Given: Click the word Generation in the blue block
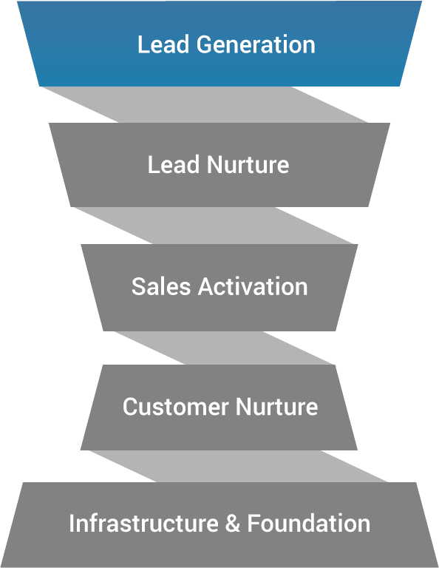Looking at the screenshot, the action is point(256,44).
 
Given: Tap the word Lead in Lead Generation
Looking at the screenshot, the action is point(163,44).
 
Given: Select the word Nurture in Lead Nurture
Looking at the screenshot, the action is point(248,165).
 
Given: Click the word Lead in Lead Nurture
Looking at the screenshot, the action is point(174,165).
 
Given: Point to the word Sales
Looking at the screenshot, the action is point(160,286).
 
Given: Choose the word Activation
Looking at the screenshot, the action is point(253,286).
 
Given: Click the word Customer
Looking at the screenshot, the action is point(176,407).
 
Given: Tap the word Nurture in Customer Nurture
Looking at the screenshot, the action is point(277,407).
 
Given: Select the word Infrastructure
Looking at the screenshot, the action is point(143,524).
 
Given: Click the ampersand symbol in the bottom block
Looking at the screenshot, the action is point(232,524).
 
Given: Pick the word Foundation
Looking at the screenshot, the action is point(309,524).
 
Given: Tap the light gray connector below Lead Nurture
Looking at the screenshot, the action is point(213,226).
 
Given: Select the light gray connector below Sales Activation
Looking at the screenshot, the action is point(224,348).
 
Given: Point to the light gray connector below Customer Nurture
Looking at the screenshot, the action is point(238,466).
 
